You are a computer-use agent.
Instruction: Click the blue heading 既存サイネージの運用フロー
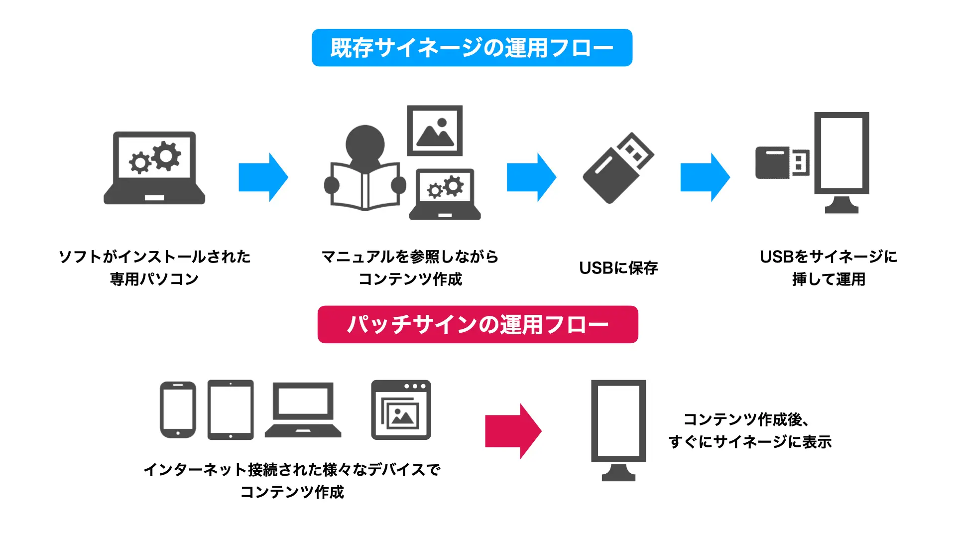pos(472,48)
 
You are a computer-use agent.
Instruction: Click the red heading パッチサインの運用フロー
pos(478,324)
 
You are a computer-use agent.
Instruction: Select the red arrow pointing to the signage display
pos(513,431)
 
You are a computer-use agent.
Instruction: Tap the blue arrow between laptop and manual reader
pos(263,177)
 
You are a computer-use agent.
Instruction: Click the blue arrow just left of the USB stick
pos(531,177)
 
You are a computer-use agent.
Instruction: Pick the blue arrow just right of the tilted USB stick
pos(705,177)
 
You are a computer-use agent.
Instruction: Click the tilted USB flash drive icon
pos(618,168)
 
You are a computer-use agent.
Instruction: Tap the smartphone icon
pos(178,410)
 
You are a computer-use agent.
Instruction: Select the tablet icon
pos(231,410)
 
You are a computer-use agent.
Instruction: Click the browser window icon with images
pos(401,410)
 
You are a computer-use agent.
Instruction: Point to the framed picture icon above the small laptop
pos(435,131)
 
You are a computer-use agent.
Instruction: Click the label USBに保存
pos(618,268)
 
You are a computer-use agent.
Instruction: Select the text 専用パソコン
pos(154,279)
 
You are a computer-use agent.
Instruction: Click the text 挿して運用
pos(829,279)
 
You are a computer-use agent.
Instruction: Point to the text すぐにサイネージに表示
pos(750,442)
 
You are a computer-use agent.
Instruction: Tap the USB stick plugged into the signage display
pos(782,162)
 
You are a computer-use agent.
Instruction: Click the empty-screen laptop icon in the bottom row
pos(303,410)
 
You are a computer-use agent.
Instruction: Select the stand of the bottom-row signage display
pos(618,472)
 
